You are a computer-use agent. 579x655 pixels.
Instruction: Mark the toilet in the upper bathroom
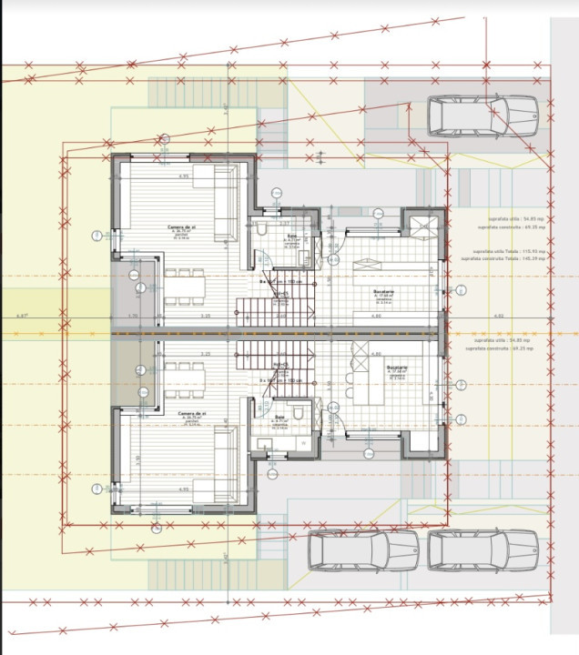click(261, 233)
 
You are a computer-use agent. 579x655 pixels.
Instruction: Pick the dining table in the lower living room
click(184, 374)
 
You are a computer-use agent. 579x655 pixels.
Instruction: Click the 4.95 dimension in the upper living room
click(183, 176)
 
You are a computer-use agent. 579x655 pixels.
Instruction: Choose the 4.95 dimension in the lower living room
click(183, 489)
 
